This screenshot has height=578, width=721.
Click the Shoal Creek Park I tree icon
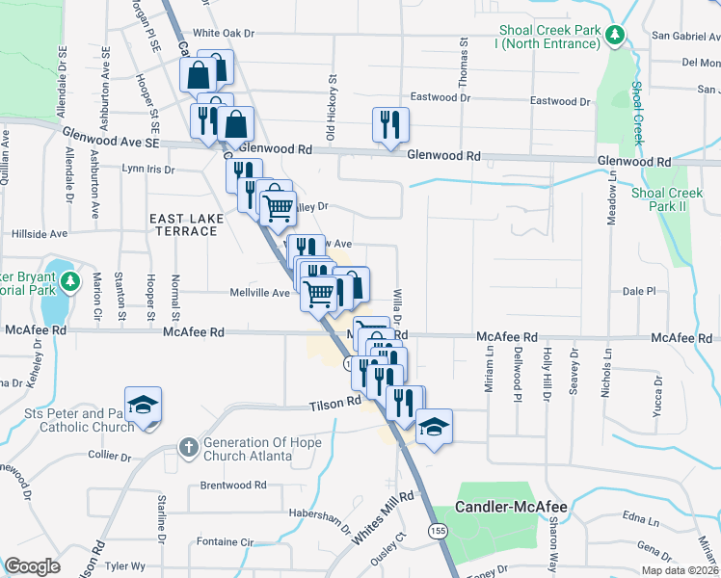point(615,36)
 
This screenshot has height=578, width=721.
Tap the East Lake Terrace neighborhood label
point(186,225)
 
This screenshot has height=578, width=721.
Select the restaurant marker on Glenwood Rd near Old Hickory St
point(390,125)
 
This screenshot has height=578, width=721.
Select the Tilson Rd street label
point(335,404)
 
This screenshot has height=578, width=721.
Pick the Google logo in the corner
point(33,565)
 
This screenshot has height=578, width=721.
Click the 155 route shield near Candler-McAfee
point(439,531)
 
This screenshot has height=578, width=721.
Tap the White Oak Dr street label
point(223,33)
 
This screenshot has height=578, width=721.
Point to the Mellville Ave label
point(259,293)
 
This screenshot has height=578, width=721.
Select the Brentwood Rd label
point(232,486)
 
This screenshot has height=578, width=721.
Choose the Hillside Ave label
point(39,233)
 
